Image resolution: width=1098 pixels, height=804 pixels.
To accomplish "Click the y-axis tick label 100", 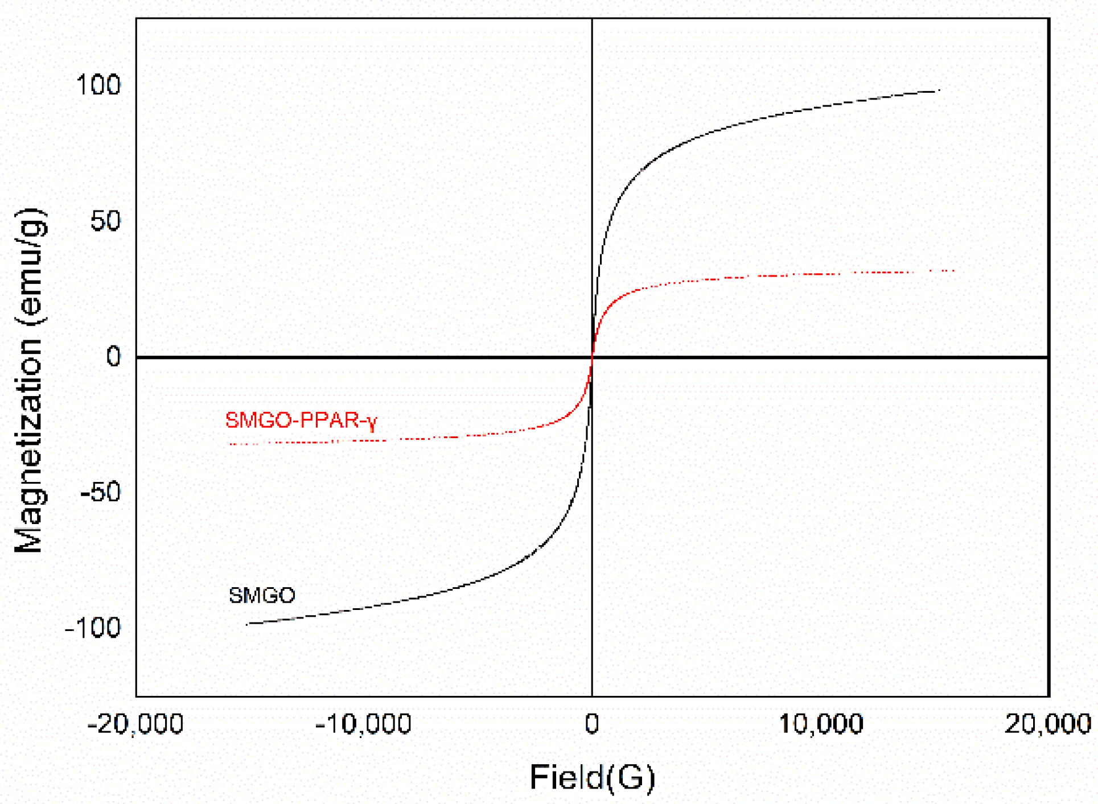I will tap(98, 85).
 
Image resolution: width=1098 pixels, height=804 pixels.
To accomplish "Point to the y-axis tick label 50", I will tap(105, 221).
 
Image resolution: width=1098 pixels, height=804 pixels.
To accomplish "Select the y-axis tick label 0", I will tap(113, 357).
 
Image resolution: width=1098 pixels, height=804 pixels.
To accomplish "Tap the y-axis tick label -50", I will tap(101, 492).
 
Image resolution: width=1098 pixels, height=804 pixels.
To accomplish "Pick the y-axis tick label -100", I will tap(93, 628).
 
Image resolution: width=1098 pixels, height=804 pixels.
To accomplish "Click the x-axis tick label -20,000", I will tap(135, 724).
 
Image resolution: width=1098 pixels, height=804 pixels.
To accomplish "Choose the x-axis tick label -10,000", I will tap(363, 724).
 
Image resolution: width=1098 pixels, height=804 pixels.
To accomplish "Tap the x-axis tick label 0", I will tap(592, 724).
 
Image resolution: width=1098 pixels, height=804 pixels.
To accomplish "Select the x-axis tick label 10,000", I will tap(821, 724).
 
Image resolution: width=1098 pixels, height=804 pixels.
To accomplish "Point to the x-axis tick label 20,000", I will tap(1047, 724).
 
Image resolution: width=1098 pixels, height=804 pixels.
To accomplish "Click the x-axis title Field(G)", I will tap(592, 777).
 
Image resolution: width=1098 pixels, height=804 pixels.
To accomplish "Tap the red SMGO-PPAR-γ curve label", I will tap(301, 420).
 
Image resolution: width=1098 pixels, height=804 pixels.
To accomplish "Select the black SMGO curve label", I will tap(262, 595).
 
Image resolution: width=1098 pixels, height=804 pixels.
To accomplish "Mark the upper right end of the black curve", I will tap(939, 90).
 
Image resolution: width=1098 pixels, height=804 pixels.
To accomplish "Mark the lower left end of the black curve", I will tap(247, 624).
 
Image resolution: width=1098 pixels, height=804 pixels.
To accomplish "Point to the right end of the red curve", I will tap(953, 271).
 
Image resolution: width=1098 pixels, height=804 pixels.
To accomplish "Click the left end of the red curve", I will tap(230, 443).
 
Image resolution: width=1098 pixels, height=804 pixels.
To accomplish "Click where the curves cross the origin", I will tap(592, 357).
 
